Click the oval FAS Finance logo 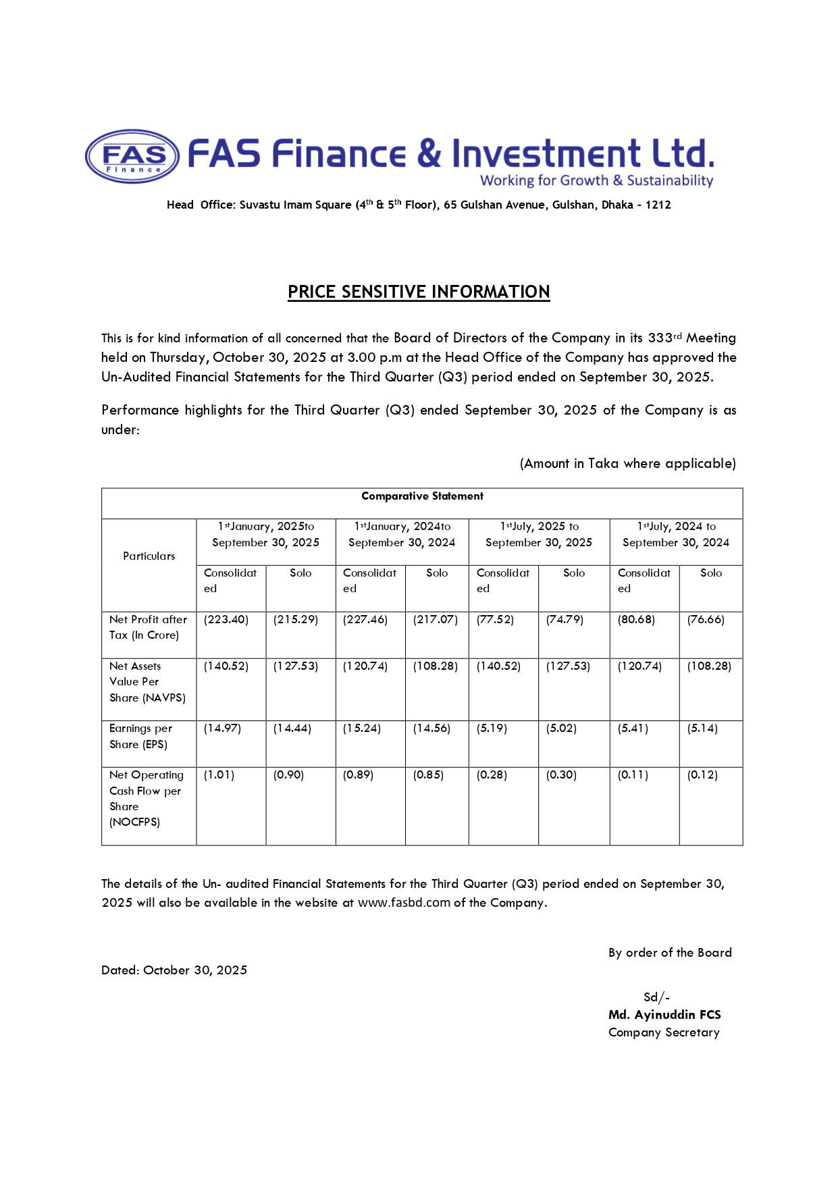pyautogui.click(x=132, y=156)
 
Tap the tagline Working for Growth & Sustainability pyautogui.click(x=596, y=180)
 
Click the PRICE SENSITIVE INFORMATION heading pyautogui.click(x=419, y=292)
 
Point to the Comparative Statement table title pyautogui.click(x=422, y=496)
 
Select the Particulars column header pyautogui.click(x=149, y=556)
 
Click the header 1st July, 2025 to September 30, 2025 pyautogui.click(x=539, y=534)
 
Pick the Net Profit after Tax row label pyautogui.click(x=148, y=627)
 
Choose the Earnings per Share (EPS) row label pyautogui.click(x=140, y=736)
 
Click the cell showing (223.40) pyautogui.click(x=226, y=619)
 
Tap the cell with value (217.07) pyautogui.click(x=436, y=619)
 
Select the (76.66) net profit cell pyautogui.click(x=706, y=619)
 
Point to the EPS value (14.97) pyautogui.click(x=222, y=728)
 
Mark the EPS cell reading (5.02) pyautogui.click(x=561, y=728)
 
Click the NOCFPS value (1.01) pyautogui.click(x=219, y=775)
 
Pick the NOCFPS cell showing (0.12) pyautogui.click(x=702, y=775)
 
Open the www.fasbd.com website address pyautogui.click(x=403, y=903)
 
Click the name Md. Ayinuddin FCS pyautogui.click(x=664, y=1014)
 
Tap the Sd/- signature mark pyautogui.click(x=656, y=997)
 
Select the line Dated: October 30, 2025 pyautogui.click(x=174, y=970)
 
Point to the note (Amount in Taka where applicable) pyautogui.click(x=627, y=463)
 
